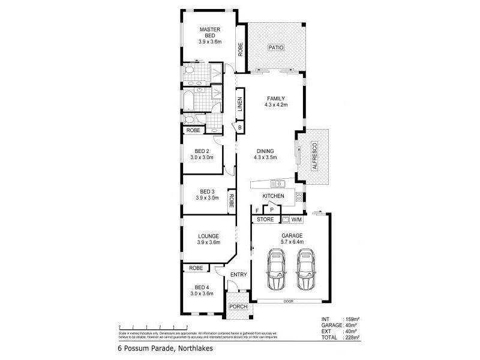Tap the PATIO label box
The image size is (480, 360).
pos(276,47)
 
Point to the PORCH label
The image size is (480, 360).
pos(238,307)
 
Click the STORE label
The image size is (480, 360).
pos(265,220)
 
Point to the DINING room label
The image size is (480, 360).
pos(265,151)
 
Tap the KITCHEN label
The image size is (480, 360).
pos(273,196)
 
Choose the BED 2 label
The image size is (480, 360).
pos(202,151)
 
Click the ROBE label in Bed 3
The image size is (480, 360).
pos(230,202)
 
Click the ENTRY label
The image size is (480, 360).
pos(238,275)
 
